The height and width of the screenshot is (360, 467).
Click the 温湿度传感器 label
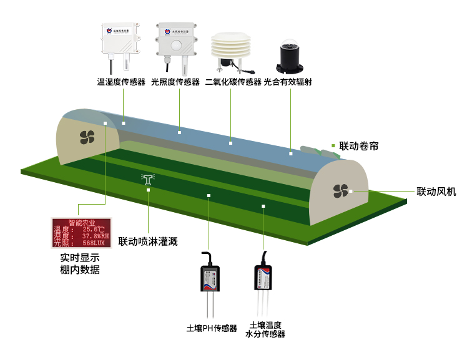tap(121, 82)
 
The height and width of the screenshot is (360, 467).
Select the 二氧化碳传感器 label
tap(233, 82)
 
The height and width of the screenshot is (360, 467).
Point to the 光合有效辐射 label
tap(292, 82)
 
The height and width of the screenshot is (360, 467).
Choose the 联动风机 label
tap(436, 192)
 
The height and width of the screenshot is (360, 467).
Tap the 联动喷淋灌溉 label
tap(148, 241)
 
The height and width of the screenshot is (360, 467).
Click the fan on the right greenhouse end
tap(340, 190)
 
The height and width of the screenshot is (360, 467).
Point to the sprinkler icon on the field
tap(148, 180)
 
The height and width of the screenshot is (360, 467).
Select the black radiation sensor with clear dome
tap(291, 56)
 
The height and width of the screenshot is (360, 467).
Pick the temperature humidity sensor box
tap(121, 39)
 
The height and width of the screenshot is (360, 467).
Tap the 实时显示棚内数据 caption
tap(80, 264)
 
